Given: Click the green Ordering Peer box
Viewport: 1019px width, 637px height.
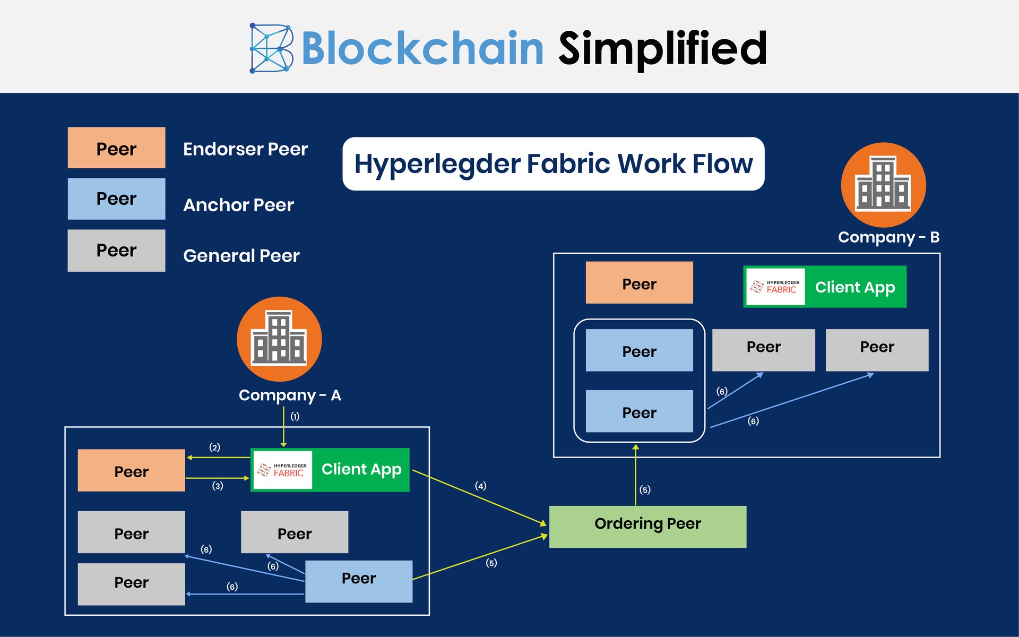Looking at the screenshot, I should tap(647, 526).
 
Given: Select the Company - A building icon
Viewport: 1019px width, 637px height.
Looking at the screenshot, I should tap(279, 339).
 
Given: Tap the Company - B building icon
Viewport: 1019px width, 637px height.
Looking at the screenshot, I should tap(883, 185).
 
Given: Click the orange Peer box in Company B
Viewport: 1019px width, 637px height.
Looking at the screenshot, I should tap(639, 283).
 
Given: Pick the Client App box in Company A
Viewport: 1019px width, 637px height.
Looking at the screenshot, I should tap(330, 470).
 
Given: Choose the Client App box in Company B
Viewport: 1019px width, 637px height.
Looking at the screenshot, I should tap(825, 287).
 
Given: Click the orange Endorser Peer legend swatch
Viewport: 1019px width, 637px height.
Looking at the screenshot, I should tap(116, 148).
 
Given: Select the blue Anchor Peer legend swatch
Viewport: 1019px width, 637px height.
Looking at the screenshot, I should tap(116, 199).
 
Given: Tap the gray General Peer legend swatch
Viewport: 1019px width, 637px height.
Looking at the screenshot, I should tap(116, 251).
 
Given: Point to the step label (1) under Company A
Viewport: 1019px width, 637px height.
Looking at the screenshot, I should tap(295, 417).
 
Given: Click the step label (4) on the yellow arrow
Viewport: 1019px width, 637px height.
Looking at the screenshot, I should tap(480, 486).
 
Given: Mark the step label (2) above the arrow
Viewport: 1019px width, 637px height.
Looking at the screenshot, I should tap(214, 447).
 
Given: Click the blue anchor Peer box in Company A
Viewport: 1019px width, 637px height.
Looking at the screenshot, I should tap(359, 581).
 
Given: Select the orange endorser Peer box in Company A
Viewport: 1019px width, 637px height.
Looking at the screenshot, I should tap(131, 470).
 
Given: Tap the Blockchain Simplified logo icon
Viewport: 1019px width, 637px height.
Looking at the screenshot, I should tap(271, 48).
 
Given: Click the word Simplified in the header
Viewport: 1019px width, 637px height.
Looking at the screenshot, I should tap(662, 49).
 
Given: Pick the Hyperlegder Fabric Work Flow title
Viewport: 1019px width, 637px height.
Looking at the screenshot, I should tap(553, 163).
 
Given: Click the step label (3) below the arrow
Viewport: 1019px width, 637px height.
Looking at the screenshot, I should tap(218, 486).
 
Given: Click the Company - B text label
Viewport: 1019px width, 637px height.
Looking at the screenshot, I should tap(888, 237).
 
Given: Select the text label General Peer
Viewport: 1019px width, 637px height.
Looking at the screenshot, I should tap(241, 256).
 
